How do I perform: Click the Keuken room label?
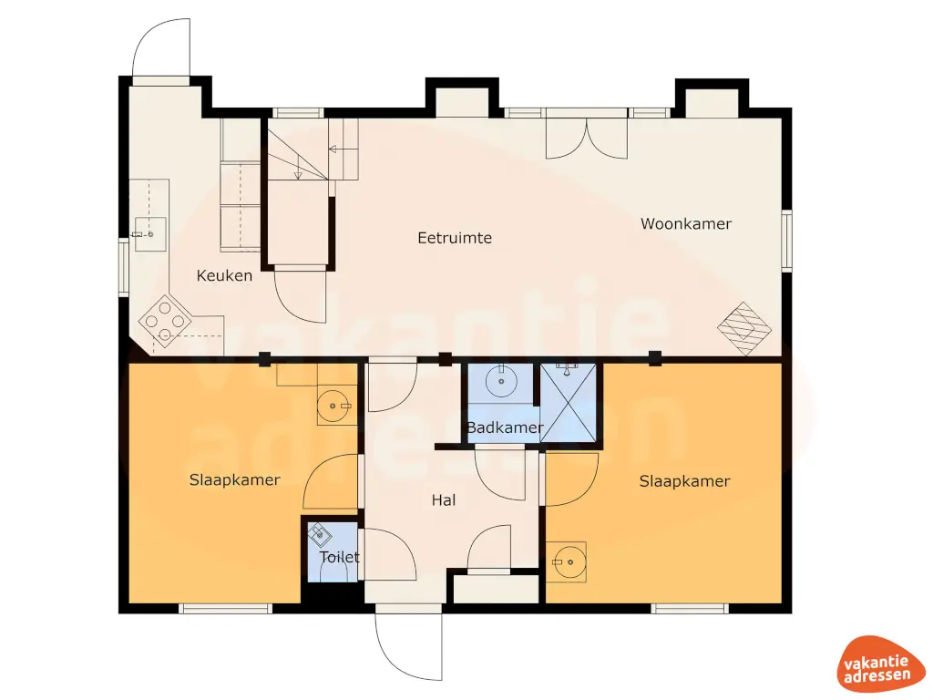click(x=224, y=275)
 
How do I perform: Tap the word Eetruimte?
click(x=455, y=238)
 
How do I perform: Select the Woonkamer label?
click(x=685, y=223)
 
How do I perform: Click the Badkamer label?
click(x=505, y=427)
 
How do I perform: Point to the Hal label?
click(x=444, y=499)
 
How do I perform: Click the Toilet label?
click(x=339, y=557)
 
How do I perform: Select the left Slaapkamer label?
click(x=234, y=479)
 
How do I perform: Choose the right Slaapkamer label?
click(x=684, y=481)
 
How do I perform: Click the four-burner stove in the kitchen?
click(x=165, y=321)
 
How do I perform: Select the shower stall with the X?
click(x=569, y=403)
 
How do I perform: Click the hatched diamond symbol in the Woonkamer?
click(x=744, y=328)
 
